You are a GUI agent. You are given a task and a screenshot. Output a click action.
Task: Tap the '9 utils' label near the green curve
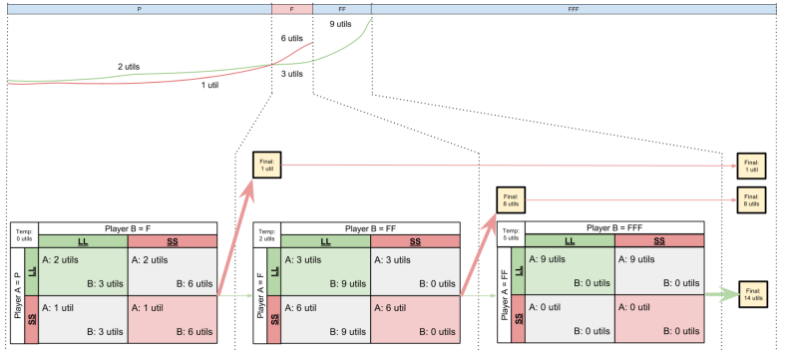(x=340, y=22)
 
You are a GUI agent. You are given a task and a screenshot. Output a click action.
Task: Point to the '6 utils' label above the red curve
(x=291, y=39)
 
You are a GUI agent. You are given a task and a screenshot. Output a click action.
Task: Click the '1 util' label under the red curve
(x=209, y=85)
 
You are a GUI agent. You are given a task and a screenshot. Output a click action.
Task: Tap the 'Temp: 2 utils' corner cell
(x=267, y=233)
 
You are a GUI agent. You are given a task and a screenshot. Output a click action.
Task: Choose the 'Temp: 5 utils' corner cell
(x=512, y=233)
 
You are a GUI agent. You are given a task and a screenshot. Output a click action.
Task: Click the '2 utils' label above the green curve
(x=127, y=67)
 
